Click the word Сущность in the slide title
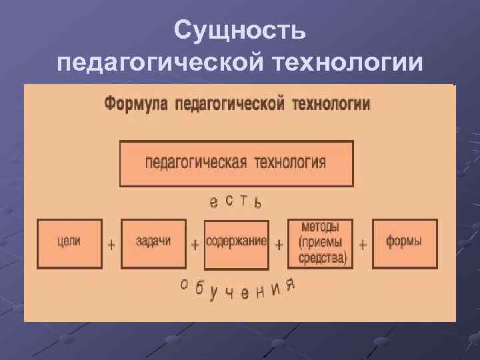[240, 29]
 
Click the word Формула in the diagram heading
[135, 105]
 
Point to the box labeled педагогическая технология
[236, 163]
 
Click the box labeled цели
[69, 243]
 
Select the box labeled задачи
[153, 243]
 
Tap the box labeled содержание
[236, 243]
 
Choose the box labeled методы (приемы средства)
[320, 243]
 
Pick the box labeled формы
[405, 243]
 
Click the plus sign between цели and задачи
[111, 245]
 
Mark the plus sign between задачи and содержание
[195, 245]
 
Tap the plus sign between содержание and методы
[279, 245]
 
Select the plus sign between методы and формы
[363, 245]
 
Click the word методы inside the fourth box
[320, 227]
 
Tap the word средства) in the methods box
[323, 258]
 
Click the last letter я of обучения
[290, 285]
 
